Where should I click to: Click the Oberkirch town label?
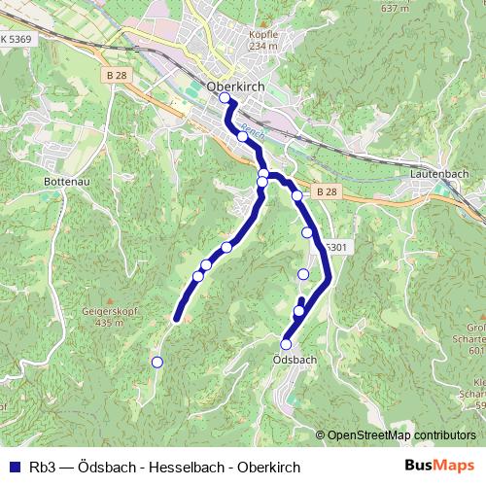click(236, 87)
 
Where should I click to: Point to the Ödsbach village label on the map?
click(289, 360)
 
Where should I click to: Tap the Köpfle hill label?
click(263, 34)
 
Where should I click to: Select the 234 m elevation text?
click(263, 46)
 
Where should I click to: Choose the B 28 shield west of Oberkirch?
click(118, 75)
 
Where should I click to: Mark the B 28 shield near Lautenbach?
click(326, 192)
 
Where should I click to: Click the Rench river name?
click(252, 129)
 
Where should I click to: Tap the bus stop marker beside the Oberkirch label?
click(225, 98)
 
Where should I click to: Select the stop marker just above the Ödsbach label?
click(286, 344)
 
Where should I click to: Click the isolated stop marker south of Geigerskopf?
click(156, 363)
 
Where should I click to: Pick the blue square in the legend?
click(14, 467)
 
